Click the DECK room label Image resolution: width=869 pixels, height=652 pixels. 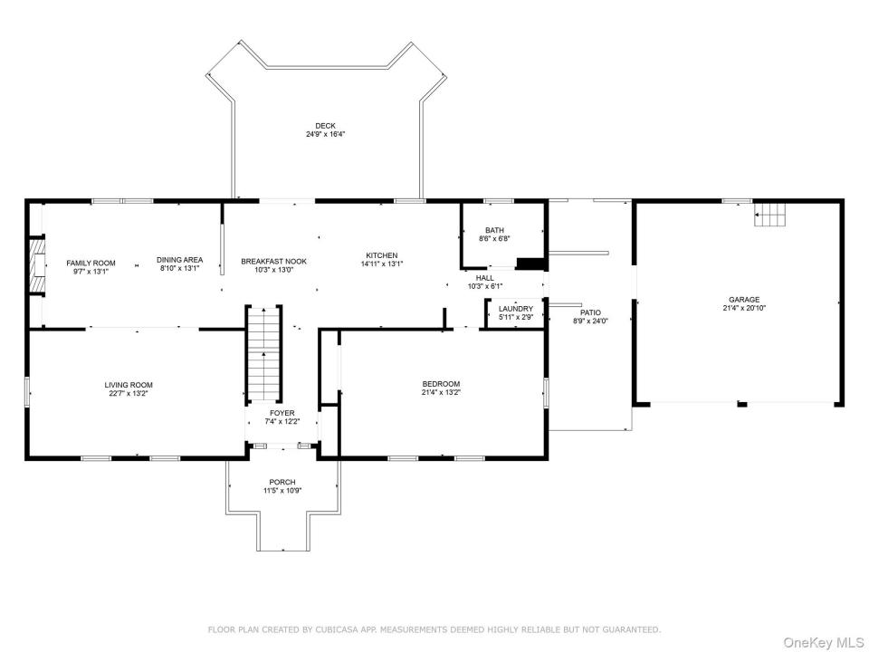325,126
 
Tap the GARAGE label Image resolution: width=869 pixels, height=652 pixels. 744,300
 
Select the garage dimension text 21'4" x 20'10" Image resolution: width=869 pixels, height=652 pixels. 744,308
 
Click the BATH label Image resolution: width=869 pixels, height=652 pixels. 494,230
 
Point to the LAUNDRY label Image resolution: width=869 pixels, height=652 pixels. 516,309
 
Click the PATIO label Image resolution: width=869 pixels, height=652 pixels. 591,312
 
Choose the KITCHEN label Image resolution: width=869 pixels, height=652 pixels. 382,255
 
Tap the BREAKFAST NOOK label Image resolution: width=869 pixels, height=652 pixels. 273,262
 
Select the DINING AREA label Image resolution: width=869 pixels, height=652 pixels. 179,260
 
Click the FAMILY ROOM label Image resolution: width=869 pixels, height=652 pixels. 91,264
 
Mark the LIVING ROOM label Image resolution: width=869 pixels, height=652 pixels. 129,386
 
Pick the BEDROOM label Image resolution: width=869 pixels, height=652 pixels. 441,384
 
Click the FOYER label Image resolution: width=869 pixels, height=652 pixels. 282,413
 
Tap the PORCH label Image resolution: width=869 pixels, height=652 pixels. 282,483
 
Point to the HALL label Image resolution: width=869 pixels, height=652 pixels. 485,278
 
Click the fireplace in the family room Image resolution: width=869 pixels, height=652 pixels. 37,265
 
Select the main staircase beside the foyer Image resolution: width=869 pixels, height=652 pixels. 263,353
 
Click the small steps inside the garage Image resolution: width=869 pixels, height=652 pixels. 770,215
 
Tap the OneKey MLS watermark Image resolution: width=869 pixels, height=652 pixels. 823,643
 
